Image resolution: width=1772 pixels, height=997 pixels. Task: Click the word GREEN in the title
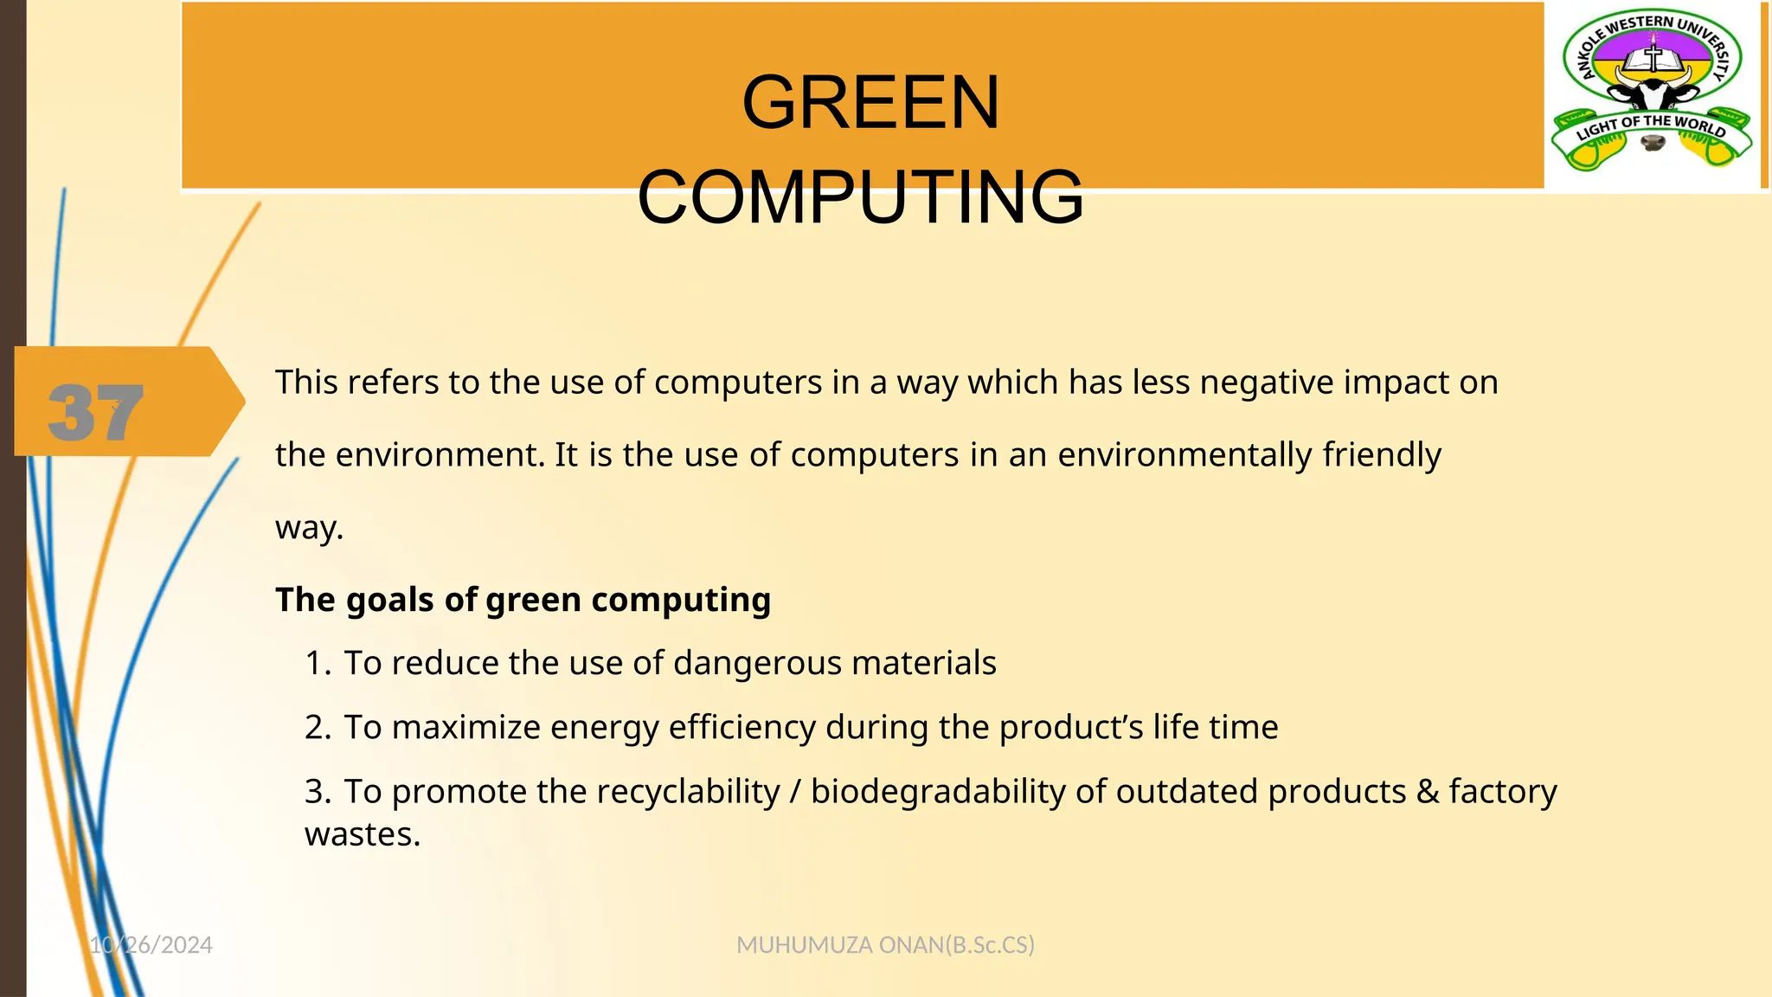(870, 103)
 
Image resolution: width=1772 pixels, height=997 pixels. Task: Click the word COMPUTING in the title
(860, 197)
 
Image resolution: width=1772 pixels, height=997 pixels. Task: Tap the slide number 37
(95, 413)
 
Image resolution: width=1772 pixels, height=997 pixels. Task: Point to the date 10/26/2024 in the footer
(151, 945)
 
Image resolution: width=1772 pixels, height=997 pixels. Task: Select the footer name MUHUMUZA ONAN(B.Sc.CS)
(885, 945)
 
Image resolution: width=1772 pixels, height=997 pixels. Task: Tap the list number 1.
(317, 664)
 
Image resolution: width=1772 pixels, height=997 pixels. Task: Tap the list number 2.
(317, 728)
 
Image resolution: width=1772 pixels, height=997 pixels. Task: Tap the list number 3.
(317, 792)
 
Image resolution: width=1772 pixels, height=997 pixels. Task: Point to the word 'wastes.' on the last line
(363, 835)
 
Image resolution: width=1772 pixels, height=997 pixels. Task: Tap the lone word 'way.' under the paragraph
(309, 528)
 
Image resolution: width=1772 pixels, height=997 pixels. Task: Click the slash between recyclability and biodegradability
(795, 792)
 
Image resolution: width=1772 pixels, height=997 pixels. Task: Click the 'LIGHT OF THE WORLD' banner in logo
(1651, 127)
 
